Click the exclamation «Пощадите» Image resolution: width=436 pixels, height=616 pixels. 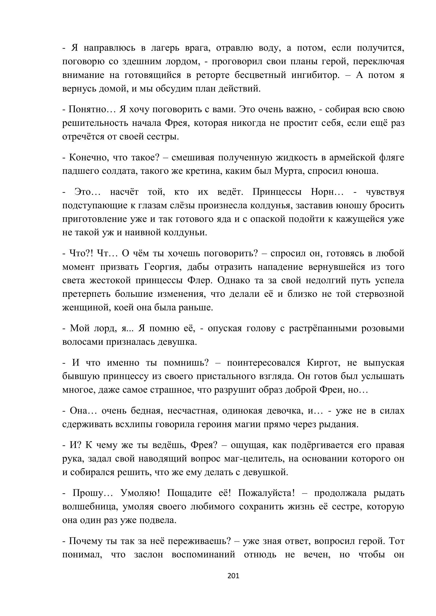click(x=198, y=493)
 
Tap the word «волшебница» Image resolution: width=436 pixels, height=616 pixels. click(x=90, y=507)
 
